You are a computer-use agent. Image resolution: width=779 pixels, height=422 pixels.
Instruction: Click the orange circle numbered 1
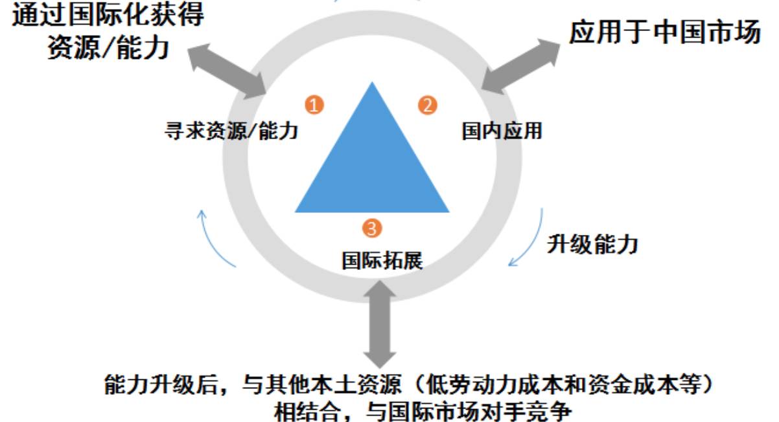[314, 105]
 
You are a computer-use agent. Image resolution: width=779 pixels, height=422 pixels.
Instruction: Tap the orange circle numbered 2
[427, 105]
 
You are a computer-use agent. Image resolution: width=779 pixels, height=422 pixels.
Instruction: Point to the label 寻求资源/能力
[232, 132]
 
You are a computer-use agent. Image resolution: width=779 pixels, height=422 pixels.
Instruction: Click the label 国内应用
[502, 131]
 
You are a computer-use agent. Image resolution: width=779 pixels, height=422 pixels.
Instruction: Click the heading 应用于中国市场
[665, 33]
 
